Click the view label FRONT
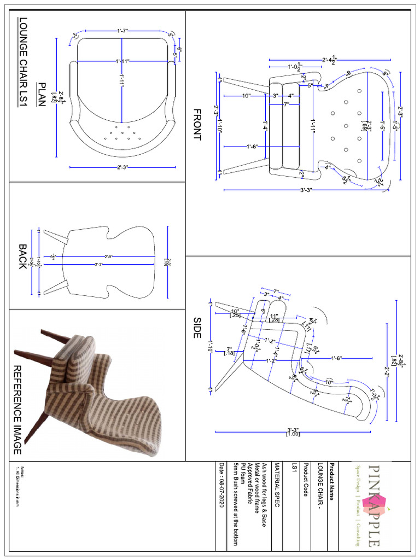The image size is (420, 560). pyautogui.click(x=197, y=125)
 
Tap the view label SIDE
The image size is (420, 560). pyautogui.click(x=197, y=327)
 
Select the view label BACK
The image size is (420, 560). pyautogui.click(x=21, y=256)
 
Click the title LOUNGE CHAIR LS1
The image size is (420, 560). pyautogui.click(x=22, y=64)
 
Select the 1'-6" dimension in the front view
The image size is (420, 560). pyautogui.click(x=252, y=146)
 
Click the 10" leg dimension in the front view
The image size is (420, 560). pyautogui.click(x=246, y=96)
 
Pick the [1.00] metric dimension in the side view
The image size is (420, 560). pyautogui.click(x=289, y=435)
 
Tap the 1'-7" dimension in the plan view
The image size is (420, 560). pyautogui.click(x=122, y=31)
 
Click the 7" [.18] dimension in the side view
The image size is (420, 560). pyautogui.click(x=229, y=352)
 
